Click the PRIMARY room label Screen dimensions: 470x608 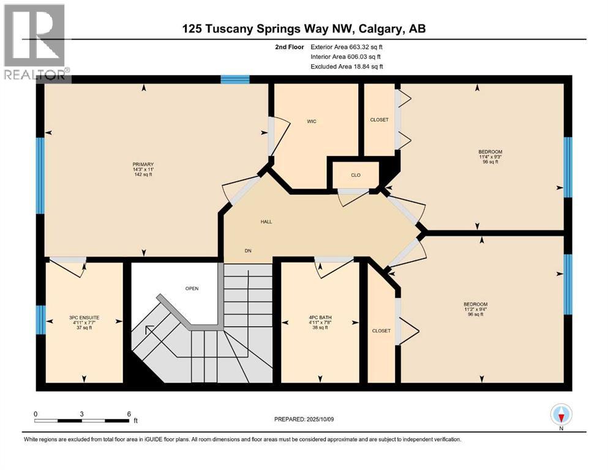point(143,164)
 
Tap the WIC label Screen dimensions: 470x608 point(311,122)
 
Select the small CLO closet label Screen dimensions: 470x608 point(355,175)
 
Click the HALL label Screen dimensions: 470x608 point(265,222)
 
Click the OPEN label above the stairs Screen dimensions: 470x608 point(192,288)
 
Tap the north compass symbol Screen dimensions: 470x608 point(561,416)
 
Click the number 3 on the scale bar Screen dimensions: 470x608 point(81,414)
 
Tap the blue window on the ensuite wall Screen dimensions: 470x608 point(40,319)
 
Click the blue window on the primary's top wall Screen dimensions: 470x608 point(235,79)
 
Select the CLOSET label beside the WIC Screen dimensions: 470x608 point(379,120)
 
